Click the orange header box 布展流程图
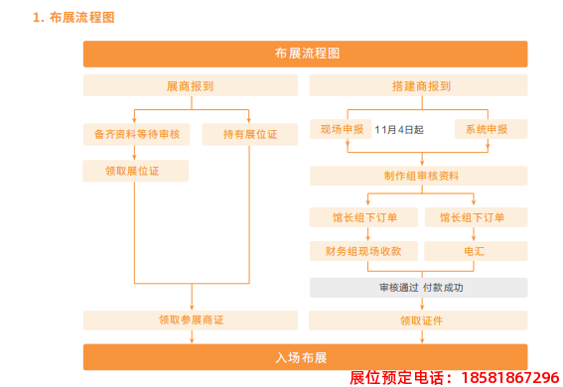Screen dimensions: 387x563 [306, 54]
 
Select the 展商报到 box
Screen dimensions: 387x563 [190, 86]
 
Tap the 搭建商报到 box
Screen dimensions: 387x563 [417, 86]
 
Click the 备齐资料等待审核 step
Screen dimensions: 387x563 [135, 132]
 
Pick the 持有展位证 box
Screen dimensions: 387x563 [249, 132]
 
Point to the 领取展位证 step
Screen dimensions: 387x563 [135, 171]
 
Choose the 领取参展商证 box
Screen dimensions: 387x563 [190, 321]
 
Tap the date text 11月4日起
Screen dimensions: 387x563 [399, 130]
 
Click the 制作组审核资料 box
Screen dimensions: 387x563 [417, 177]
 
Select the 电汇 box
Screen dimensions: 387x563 [474, 252]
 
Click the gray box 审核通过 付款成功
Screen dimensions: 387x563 [417, 288]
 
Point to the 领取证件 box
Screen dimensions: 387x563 [417, 321]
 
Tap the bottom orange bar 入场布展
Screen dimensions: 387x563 [306, 356]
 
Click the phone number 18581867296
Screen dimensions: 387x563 [507, 378]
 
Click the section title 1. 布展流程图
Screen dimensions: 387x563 [73, 17]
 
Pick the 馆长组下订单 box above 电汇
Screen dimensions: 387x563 [474, 217]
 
